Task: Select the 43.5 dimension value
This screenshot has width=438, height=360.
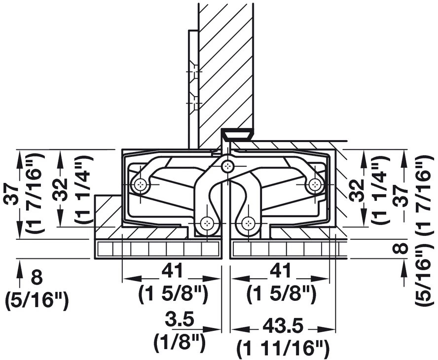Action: coord(280,327)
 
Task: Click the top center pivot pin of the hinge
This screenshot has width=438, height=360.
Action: coord(227,166)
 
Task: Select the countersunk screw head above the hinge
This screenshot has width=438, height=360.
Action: coord(237,134)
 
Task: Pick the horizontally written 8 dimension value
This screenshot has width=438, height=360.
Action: coord(37,278)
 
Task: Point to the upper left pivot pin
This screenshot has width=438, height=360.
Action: coord(141,185)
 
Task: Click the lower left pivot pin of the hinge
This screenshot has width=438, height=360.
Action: coord(207,224)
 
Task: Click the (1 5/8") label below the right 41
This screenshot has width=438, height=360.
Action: coord(281,294)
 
